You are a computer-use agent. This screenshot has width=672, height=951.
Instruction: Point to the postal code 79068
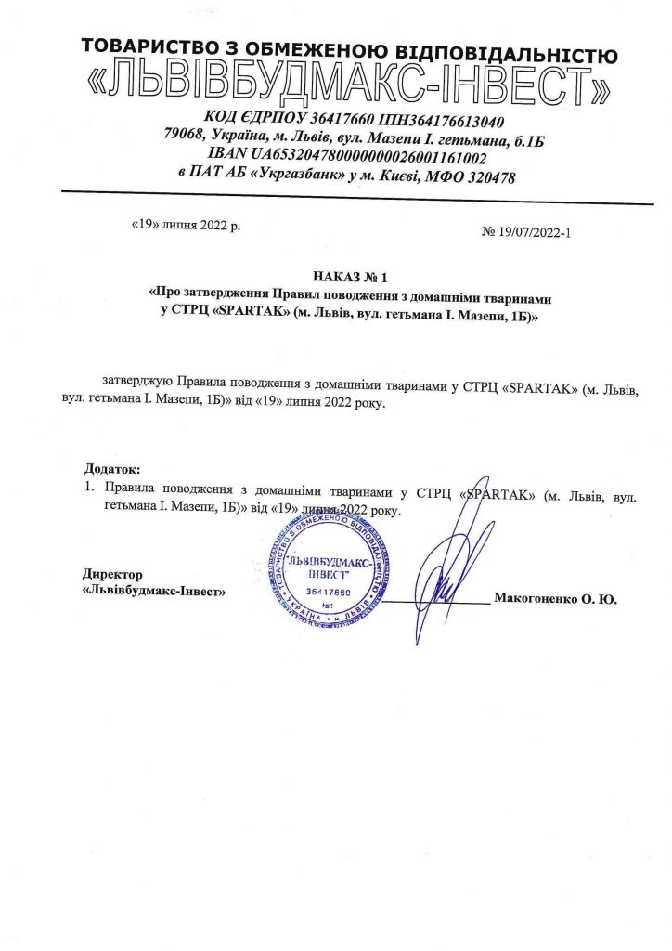pos(185,138)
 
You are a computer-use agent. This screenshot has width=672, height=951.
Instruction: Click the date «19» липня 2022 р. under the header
pos(186,226)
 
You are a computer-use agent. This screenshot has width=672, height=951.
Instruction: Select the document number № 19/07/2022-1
pos(525,232)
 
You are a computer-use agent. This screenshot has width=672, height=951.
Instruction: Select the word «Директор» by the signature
pos(113,575)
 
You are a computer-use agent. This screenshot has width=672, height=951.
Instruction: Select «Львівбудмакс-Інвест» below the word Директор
pos(152,591)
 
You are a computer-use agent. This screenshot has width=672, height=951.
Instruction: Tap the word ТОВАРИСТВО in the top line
pos(139,46)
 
